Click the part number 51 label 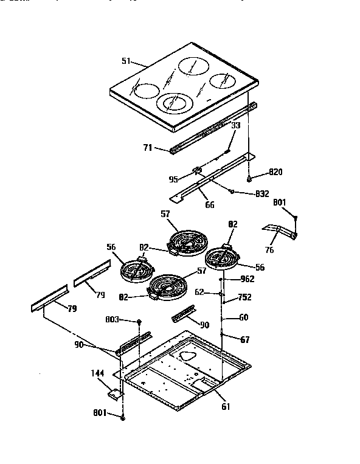click(x=126, y=61)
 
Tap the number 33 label click(x=235, y=126)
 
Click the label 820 click(x=275, y=173)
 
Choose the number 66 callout click(x=209, y=204)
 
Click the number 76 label click(x=269, y=249)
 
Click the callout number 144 click(x=98, y=373)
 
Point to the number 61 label click(x=226, y=406)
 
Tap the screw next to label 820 click(x=251, y=178)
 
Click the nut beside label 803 click(x=139, y=320)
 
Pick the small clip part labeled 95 click(x=197, y=171)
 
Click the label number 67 click(x=244, y=340)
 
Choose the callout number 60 click(x=243, y=317)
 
